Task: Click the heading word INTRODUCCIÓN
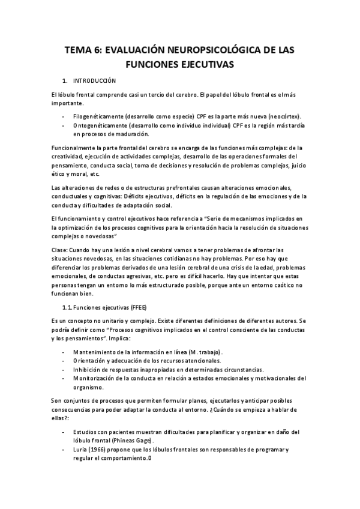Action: [x=95, y=80]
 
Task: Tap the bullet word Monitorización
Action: [x=97, y=379]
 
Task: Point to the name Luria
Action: [x=81, y=450]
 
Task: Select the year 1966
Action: [x=101, y=450]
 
